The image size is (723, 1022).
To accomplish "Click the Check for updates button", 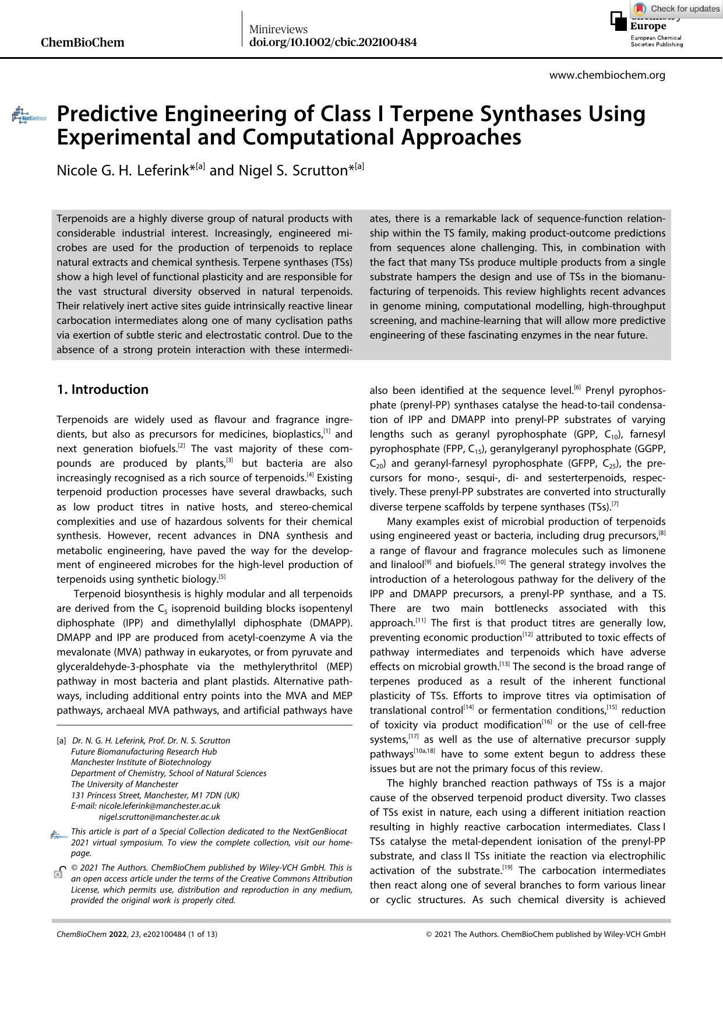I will [x=676, y=8].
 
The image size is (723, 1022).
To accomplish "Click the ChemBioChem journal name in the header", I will [x=83, y=42].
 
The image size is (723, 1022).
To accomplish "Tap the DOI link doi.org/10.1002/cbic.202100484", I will [x=333, y=42].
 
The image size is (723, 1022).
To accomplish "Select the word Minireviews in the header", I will [x=278, y=29].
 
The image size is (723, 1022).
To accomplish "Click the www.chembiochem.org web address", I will [x=607, y=75].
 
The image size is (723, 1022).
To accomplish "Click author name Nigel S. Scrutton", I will [x=293, y=170].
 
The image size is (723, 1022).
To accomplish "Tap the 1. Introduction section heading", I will [x=103, y=389].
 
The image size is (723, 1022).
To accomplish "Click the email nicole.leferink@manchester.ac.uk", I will [x=160, y=806].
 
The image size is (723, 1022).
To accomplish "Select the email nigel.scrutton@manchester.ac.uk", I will [x=160, y=817].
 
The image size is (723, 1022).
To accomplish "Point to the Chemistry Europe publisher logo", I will [x=647, y=29].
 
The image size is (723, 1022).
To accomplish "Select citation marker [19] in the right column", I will [x=507, y=868].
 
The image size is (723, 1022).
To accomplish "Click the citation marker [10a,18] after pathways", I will [x=424, y=751].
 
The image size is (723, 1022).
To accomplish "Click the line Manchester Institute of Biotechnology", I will [x=141, y=762].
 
